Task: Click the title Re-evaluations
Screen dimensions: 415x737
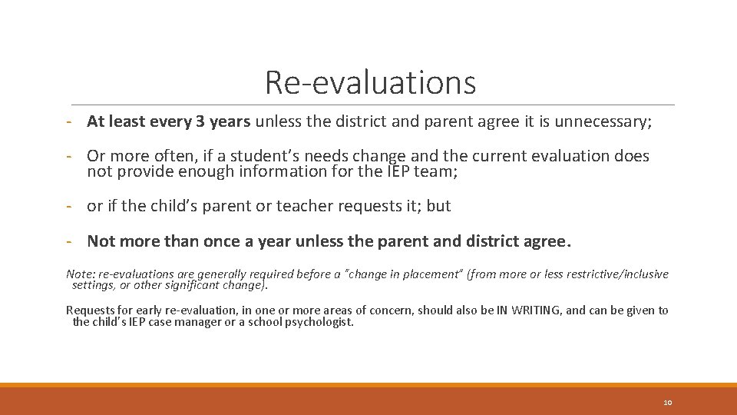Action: pyautogui.click(x=370, y=83)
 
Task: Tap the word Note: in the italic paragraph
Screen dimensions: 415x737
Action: pyautogui.click(x=79, y=274)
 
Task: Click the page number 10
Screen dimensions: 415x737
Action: pyautogui.click(x=667, y=403)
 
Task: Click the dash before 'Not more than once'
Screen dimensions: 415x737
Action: pyautogui.click(x=69, y=241)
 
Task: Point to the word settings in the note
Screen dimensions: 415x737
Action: pyautogui.click(x=93, y=286)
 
